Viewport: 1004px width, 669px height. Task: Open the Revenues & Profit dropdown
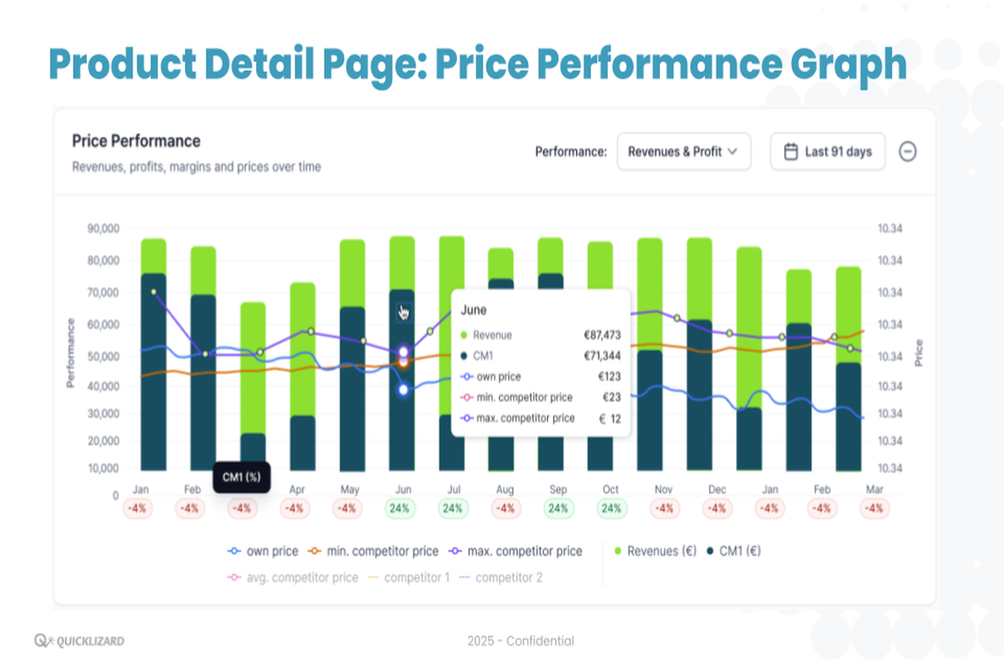click(683, 151)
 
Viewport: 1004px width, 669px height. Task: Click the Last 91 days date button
click(827, 151)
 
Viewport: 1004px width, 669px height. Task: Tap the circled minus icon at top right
click(907, 151)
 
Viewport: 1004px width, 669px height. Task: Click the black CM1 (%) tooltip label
click(242, 477)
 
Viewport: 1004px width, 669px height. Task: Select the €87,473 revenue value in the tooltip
click(602, 335)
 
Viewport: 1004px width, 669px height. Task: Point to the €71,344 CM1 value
click(602, 356)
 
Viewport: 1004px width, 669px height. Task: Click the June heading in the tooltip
click(474, 310)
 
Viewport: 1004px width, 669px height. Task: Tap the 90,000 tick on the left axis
click(103, 229)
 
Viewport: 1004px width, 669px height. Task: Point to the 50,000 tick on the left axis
click(103, 356)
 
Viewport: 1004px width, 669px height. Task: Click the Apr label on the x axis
click(297, 489)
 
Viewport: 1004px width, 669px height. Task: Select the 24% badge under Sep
click(558, 508)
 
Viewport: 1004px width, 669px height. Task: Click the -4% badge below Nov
click(663, 508)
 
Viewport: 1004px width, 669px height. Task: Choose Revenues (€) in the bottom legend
click(655, 551)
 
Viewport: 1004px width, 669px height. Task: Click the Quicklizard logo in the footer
click(79, 641)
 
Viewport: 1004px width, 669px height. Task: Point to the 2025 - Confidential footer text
click(520, 641)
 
